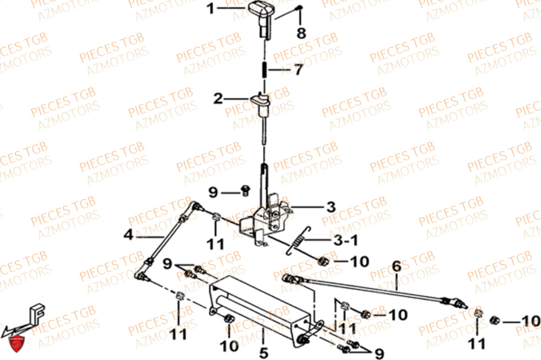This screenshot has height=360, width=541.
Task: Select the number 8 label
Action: (x=301, y=33)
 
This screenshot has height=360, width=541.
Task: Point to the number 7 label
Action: (x=298, y=70)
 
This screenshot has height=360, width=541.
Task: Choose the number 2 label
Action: (x=218, y=99)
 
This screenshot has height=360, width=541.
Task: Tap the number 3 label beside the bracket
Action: (x=330, y=206)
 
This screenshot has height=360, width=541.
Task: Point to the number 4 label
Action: (x=128, y=235)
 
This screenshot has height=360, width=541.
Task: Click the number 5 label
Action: (x=263, y=353)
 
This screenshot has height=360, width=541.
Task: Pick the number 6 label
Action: (x=397, y=266)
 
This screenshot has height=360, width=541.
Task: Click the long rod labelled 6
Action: (x=373, y=287)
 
